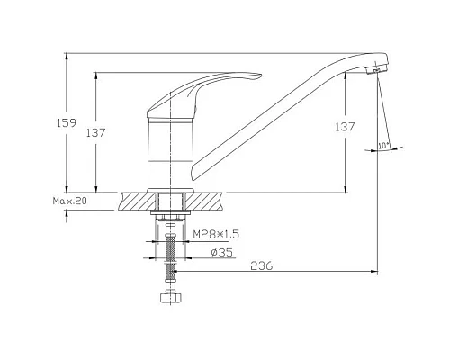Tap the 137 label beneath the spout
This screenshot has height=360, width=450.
(358, 128)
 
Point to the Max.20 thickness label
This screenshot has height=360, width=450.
(70, 202)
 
